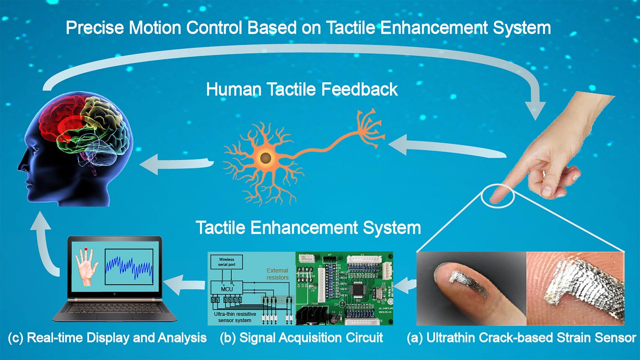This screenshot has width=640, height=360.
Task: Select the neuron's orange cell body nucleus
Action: coord(265,158)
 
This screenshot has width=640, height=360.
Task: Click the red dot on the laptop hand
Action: coord(86,249)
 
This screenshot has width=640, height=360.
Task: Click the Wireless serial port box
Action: coord(226,262)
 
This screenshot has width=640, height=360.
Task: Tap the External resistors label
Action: coord(277,274)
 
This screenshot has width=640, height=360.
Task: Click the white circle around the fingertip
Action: coord(497,195)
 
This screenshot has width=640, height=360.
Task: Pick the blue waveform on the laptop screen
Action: coord(129,267)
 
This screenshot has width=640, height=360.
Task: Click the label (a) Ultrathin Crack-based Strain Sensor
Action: coord(521,337)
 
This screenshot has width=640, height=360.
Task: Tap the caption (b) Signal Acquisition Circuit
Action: coord(301,337)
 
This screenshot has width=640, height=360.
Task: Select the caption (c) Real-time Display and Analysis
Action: coord(107,337)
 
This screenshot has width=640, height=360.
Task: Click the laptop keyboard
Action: coord(115,308)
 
